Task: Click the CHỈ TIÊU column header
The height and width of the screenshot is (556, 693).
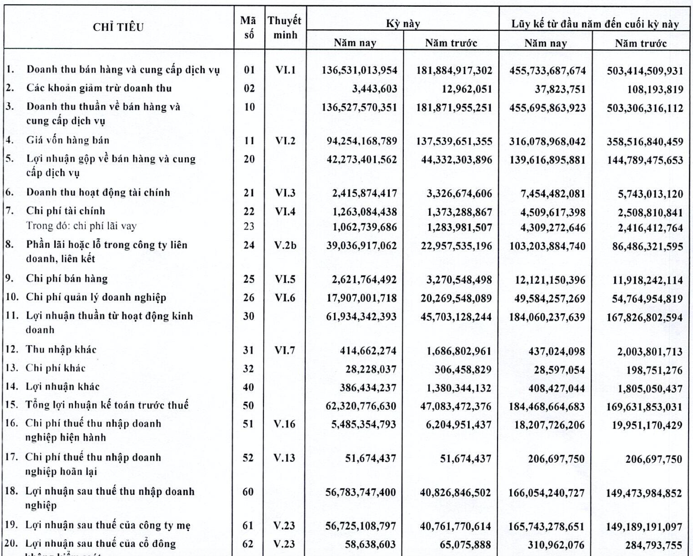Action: coord(118,27)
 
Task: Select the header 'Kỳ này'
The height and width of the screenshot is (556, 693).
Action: coord(403,24)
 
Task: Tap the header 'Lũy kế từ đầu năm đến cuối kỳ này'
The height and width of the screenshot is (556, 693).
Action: coord(595,24)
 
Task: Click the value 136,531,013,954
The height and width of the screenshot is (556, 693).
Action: coord(359,71)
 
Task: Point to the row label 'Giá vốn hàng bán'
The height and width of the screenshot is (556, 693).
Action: coord(68,140)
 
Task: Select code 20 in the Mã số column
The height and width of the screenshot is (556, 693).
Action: coord(249,159)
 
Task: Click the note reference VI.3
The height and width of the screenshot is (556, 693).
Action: coord(285,193)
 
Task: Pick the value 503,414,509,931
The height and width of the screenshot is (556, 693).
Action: coord(645,71)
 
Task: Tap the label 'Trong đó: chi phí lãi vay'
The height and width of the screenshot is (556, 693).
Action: coord(81,226)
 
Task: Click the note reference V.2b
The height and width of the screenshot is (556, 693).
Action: coord(285,245)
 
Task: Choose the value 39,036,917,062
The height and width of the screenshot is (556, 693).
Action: coord(361,246)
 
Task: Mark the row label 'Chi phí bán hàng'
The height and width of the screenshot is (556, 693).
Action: coord(67,279)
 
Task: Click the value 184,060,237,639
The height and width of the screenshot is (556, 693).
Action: coord(547,317)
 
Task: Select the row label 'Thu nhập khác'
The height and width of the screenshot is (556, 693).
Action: coord(61,349)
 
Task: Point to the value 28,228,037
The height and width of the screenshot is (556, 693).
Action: coord(371,369)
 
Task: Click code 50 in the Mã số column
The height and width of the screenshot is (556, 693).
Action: coord(248,406)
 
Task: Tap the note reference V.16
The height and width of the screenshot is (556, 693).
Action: coord(285,424)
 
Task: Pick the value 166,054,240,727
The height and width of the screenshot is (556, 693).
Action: coord(546,493)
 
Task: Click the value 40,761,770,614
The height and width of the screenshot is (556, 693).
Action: coord(456,526)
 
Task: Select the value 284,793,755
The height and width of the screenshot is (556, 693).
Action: coord(654,545)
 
